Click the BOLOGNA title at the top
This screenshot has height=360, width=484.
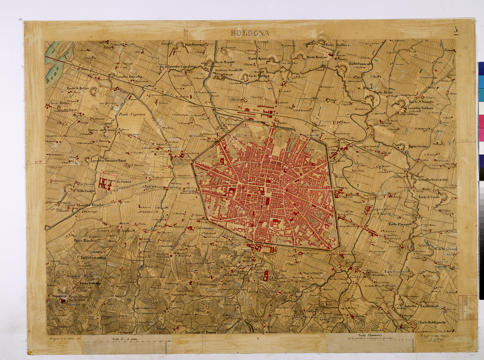(x=250, y=33)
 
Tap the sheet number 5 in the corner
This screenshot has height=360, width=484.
(x=456, y=30)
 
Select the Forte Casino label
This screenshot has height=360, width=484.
(x=418, y=146)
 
